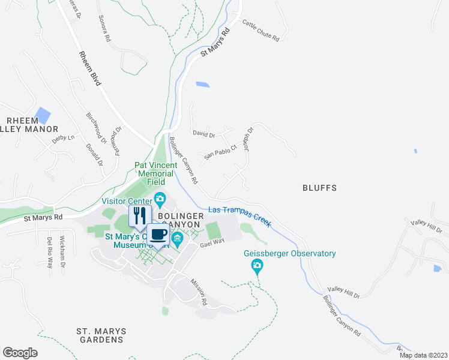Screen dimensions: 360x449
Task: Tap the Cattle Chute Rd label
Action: point(261,31)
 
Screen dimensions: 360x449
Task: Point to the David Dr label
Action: point(203,134)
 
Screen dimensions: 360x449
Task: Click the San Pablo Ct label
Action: point(220,154)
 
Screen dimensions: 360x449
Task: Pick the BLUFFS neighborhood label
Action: point(319,188)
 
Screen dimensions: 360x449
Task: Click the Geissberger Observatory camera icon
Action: point(258,265)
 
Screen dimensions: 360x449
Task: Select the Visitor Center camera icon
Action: point(160,199)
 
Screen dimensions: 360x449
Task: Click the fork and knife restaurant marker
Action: point(140,215)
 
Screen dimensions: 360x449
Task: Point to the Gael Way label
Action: point(211,242)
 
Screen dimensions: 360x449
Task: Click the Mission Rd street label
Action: point(199,291)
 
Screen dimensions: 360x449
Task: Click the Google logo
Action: point(20,353)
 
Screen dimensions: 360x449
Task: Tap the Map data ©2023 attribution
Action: point(423,355)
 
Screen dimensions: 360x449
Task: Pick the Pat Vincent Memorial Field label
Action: point(155,173)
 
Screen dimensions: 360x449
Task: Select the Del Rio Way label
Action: point(49,248)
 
